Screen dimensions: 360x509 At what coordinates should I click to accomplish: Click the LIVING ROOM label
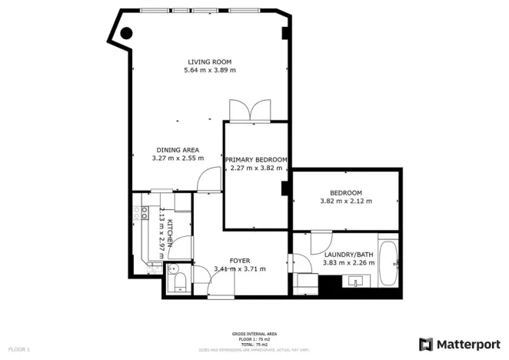click(210, 62)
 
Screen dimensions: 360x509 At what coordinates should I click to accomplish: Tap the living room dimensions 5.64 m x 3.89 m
click(210, 70)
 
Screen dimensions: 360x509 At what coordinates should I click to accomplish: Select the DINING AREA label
click(178, 149)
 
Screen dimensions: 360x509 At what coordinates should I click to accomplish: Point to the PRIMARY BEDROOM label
click(256, 160)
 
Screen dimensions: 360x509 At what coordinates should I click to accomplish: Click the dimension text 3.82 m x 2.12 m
click(345, 202)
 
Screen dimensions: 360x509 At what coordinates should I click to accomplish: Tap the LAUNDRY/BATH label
click(348, 254)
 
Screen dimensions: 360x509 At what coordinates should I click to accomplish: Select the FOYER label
click(240, 261)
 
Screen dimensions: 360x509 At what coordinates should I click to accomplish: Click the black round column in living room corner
click(125, 33)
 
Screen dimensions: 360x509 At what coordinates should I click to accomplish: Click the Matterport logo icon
click(426, 344)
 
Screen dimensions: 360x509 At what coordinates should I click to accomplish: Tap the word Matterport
click(467, 344)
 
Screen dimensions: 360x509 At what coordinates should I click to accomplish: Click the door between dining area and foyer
click(205, 182)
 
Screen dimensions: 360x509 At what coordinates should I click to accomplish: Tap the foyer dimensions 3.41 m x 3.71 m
click(240, 269)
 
